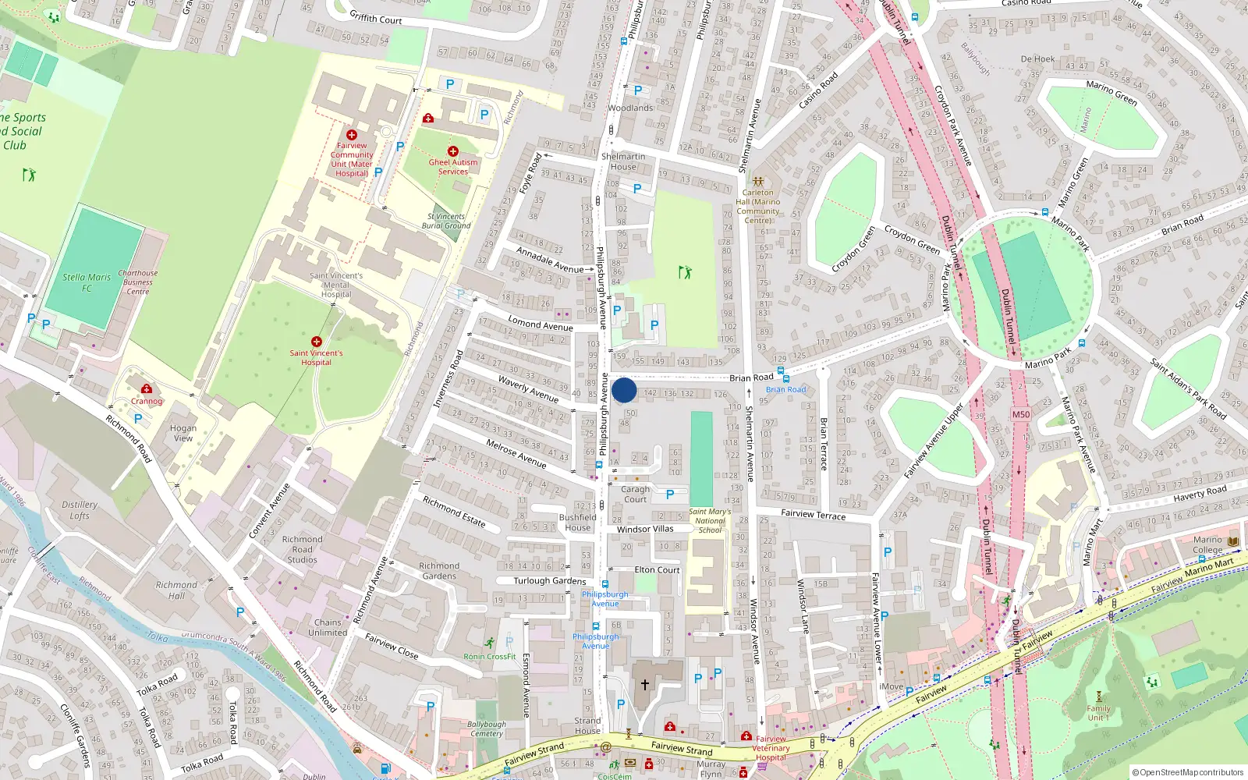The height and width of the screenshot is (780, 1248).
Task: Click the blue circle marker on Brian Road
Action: (624, 390)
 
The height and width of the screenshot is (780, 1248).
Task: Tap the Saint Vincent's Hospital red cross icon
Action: (317, 342)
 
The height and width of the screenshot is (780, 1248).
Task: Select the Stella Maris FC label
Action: (87, 282)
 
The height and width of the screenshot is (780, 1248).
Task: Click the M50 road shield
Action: (1020, 414)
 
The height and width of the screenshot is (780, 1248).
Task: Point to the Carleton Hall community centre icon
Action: (757, 181)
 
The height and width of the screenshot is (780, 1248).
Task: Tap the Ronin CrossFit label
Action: (489, 656)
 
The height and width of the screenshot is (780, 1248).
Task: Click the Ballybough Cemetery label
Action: (487, 729)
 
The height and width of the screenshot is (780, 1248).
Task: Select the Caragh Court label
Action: (635, 495)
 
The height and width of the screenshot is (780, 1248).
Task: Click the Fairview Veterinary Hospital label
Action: (771, 748)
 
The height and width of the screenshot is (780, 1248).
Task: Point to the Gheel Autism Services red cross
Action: (453, 151)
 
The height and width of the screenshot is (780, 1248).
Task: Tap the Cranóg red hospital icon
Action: (147, 388)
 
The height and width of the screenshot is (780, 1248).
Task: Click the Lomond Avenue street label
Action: (541, 324)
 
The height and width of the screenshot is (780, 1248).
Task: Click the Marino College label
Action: (1207, 544)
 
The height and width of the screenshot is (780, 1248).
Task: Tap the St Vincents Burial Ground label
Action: (446, 221)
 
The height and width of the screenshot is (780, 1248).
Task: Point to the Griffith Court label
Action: (375, 18)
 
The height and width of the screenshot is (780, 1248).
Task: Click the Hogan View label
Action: (183, 433)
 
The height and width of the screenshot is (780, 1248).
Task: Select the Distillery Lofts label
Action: (80, 510)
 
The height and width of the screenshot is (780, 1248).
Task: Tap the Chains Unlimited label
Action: (328, 627)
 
